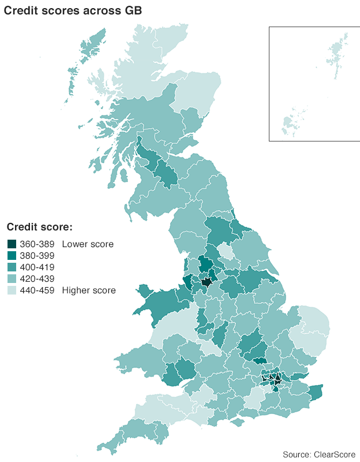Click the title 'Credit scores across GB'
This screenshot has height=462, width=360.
[73, 10]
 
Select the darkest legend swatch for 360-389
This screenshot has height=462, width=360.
[12, 244]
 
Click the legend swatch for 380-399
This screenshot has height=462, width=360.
[12, 256]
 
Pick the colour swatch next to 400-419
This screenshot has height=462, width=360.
[12, 267]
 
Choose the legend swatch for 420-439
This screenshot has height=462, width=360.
[12, 279]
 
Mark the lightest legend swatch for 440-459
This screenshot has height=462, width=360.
[12, 290]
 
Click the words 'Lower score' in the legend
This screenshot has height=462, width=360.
[88, 244]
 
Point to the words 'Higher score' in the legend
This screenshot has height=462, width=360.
[89, 290]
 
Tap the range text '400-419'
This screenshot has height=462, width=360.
[36, 267]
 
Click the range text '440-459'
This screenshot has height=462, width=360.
[36, 290]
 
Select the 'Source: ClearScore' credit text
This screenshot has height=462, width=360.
[318, 454]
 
